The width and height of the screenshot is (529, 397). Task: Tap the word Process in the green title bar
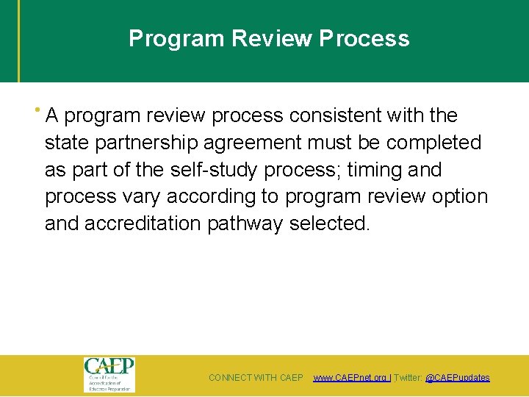point(364,38)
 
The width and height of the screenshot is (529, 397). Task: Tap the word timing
point(375,170)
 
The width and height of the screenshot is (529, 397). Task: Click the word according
point(211,197)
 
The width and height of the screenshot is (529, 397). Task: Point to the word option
point(461,197)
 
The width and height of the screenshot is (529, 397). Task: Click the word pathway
point(245,223)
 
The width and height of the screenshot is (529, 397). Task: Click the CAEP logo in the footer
point(109,374)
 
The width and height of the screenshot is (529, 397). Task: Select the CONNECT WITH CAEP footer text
point(256,378)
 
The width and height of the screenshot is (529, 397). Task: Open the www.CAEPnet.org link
point(351,378)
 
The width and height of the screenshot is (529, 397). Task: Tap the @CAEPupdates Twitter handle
point(457,378)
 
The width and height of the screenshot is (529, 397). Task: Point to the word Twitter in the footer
point(409,378)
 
